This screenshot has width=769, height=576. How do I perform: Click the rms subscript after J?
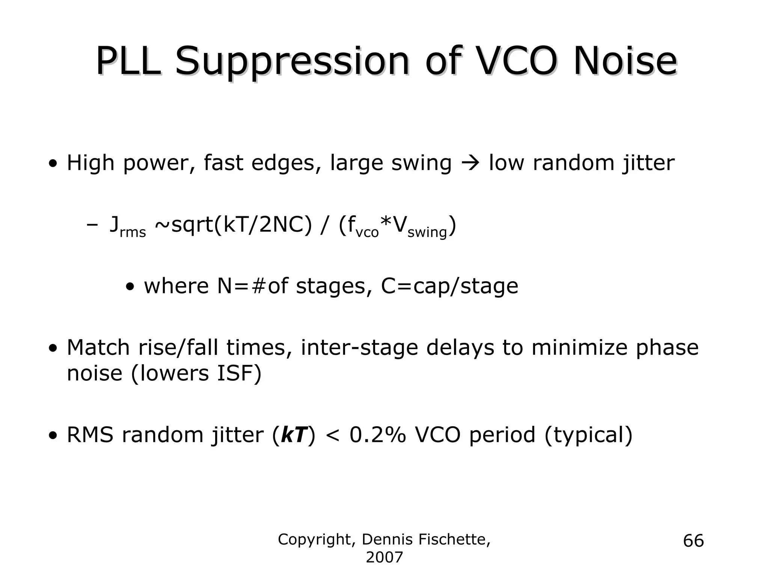click(x=133, y=232)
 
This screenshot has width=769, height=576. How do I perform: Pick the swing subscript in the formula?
click(x=427, y=233)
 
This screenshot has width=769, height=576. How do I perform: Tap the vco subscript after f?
click(x=367, y=232)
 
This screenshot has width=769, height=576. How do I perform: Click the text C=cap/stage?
click(x=449, y=286)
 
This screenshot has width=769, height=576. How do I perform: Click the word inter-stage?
click(x=359, y=347)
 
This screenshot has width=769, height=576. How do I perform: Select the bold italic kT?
click(x=294, y=435)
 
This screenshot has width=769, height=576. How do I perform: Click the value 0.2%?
click(x=378, y=435)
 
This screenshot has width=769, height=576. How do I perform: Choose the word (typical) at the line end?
click(x=588, y=435)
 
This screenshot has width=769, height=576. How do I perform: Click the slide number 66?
click(x=693, y=541)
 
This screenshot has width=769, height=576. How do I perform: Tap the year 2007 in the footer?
click(x=384, y=558)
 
